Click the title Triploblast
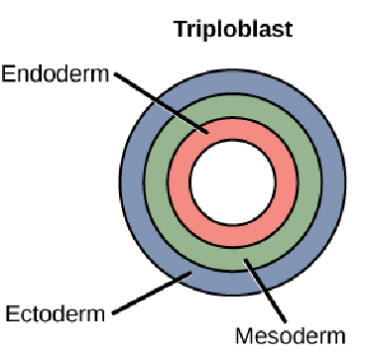[x=234, y=28]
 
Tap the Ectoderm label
[x=56, y=314]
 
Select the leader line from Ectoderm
[x=149, y=296]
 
